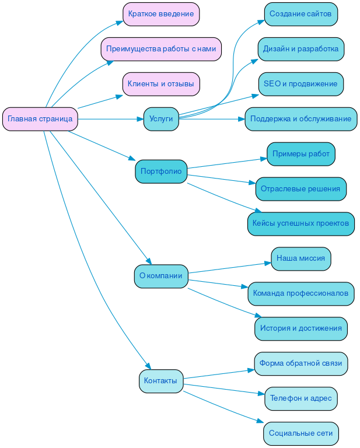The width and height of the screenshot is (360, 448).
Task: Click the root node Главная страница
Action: pyautogui.click(x=40, y=119)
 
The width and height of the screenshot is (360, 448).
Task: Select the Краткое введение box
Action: pyautogui.click(x=161, y=14)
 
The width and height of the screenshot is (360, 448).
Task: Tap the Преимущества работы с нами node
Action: pyautogui.click(x=161, y=49)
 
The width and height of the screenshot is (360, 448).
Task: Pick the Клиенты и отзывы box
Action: pyautogui.click(x=161, y=84)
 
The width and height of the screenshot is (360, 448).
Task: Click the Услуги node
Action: pyautogui.click(x=161, y=119)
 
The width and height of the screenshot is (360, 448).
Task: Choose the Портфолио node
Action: pyautogui.click(x=161, y=171)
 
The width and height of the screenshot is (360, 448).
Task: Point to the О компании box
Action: pyautogui.click(x=161, y=276)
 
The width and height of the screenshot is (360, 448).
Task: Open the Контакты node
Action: pyautogui.click(x=161, y=381)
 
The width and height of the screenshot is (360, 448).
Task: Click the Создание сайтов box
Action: pyautogui.click(x=300, y=14)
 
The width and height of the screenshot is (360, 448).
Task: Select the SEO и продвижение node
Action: pyautogui.click(x=300, y=84)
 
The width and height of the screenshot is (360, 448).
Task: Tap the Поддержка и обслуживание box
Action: pyautogui.click(x=300, y=119)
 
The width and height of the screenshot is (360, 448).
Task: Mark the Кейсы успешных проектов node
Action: pyautogui.click(x=300, y=223)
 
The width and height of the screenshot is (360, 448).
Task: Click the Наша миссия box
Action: pyautogui.click(x=300, y=258)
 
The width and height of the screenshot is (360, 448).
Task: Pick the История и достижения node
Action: pyautogui.click(x=300, y=328)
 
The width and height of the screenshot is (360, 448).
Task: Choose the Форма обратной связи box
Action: pyautogui.click(x=300, y=363)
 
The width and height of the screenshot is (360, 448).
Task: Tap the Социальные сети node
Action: pyautogui.click(x=300, y=433)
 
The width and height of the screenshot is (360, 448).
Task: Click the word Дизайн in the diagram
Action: pyautogui.click(x=275, y=49)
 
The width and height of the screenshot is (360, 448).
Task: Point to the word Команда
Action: pyautogui.click(x=268, y=293)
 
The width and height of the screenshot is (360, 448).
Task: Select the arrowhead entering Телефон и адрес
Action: pyautogui.click(x=261, y=394)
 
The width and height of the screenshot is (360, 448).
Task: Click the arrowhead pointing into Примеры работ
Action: pyautogui.click(x=264, y=158)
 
